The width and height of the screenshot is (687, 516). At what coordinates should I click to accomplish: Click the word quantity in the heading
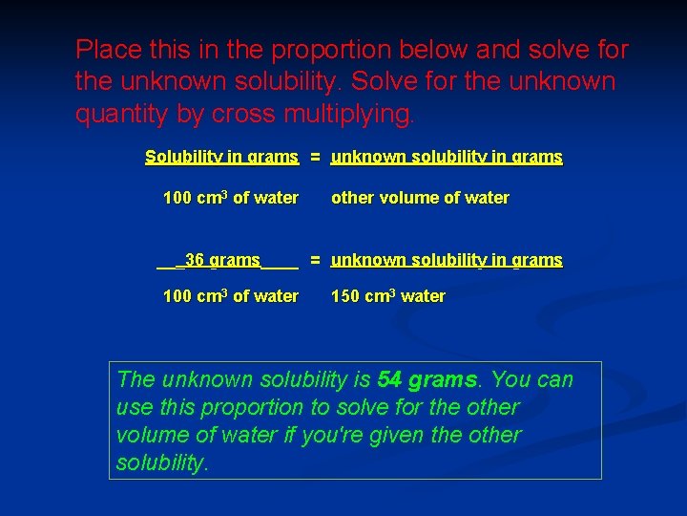pos(121,115)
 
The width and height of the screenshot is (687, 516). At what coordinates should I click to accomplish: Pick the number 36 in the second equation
pos(195,260)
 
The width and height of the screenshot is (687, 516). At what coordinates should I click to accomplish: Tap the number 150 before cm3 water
pos(345,296)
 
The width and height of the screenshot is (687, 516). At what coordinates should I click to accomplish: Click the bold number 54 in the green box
pos(389,379)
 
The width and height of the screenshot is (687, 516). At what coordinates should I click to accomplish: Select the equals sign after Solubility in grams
pos(314,157)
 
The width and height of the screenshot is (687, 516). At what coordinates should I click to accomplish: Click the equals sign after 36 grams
pos(314,260)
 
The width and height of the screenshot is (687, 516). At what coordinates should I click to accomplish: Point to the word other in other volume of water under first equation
pos(351,198)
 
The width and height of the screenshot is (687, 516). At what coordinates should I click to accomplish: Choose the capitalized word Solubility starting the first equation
pos(183,157)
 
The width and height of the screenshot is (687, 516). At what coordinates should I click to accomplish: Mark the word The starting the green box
pos(135,379)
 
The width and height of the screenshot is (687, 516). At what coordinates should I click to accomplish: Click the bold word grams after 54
pos(442,379)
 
